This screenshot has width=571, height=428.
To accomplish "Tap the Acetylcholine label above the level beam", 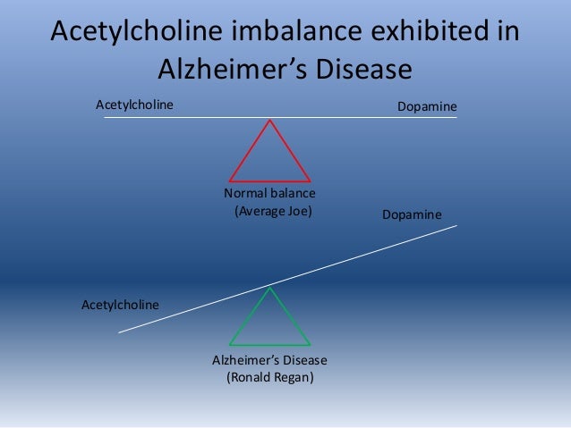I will [134, 105].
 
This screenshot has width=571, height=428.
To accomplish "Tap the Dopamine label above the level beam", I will [427, 106].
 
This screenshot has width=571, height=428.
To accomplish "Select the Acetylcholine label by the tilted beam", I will [120, 305].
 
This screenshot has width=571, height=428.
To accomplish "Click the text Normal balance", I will [269, 194].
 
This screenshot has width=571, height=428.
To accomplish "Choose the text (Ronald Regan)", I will [269, 377].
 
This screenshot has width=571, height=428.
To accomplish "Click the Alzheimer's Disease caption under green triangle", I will [269, 360].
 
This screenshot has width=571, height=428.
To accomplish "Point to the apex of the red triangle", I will [269, 121].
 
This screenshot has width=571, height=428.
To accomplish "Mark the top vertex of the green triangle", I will [269, 287].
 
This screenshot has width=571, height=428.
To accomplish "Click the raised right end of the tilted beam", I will [456, 226].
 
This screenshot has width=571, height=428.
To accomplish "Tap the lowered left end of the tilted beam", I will [120, 332].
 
